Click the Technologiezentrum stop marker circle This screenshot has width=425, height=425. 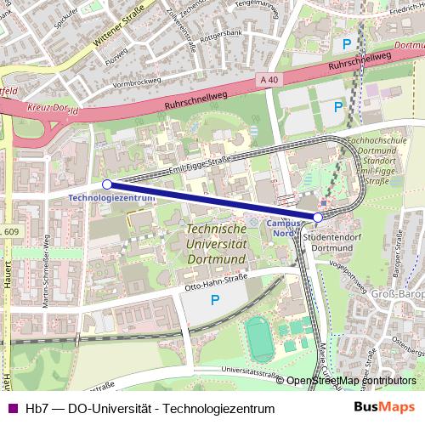[107, 184]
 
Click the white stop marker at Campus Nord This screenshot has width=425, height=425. [318, 217]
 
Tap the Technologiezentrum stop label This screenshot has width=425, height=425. [111, 197]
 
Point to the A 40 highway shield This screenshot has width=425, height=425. [269, 80]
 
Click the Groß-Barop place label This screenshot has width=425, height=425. [398, 295]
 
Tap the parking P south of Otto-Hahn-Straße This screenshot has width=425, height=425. [214, 300]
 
